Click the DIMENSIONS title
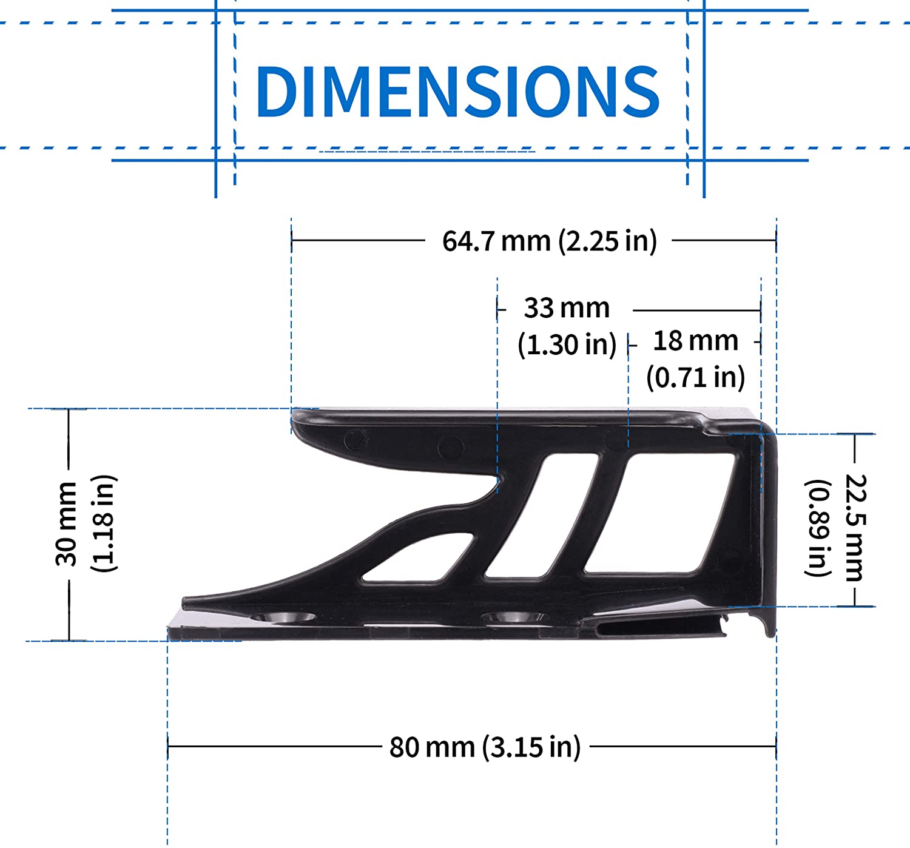pos(457,91)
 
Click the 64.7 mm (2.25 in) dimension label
pos(549,241)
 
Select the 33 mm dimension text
pos(567,308)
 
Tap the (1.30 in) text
pos(567,345)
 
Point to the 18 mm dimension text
pos(695,341)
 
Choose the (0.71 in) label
pos(695,378)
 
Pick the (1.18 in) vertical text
pos(103,523)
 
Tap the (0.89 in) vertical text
pos(818,528)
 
